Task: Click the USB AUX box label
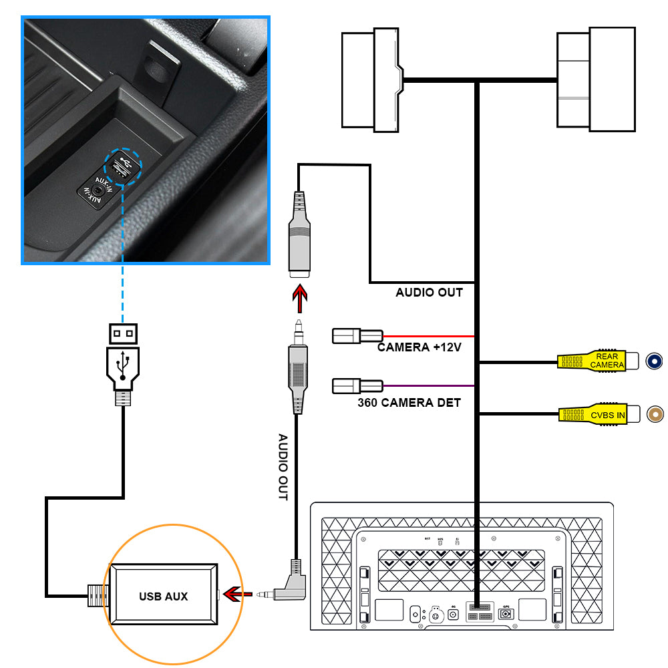[163, 596]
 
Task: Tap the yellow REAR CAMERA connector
[592, 361]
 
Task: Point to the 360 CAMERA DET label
[409, 402]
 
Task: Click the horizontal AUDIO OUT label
[429, 293]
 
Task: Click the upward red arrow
[299, 298]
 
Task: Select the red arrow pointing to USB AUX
[237, 593]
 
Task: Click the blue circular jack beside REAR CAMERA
[655, 361]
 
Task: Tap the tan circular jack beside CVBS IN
[657, 414]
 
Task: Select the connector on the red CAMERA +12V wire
[357, 335]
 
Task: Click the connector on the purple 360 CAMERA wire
[357, 386]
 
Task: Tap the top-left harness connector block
[371, 80]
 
